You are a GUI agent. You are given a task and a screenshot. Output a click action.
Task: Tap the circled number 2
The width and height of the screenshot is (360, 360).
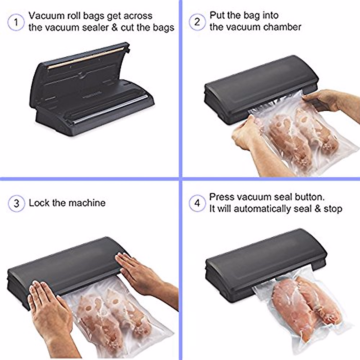point(197,22)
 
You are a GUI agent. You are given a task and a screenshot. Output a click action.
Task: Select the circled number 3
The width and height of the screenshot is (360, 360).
point(16,203)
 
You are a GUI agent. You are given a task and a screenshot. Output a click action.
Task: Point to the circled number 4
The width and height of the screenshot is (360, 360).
point(197,203)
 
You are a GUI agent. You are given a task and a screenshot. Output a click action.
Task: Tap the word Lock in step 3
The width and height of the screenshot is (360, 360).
point(39,203)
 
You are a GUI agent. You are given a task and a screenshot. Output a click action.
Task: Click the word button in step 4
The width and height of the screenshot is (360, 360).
point(309,197)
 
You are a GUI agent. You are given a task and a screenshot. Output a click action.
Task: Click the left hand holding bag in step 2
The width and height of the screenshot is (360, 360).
point(246,135)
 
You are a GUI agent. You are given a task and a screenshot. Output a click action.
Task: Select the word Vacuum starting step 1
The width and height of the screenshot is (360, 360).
point(45,16)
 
